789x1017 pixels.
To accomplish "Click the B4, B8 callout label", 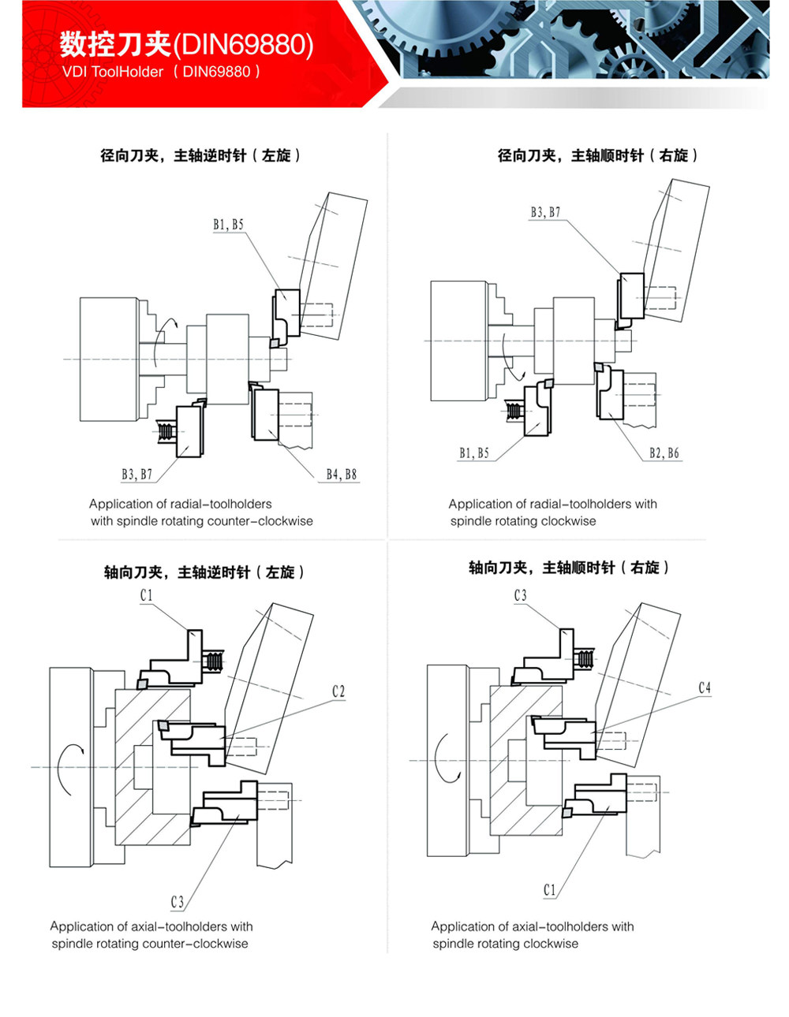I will pos(342,475).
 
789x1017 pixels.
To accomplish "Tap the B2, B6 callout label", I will pos(664,453).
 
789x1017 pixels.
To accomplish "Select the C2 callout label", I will pos(338,691).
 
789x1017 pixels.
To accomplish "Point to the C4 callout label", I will pos(705,688).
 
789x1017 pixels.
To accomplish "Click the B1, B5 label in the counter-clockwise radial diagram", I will pos(228,225).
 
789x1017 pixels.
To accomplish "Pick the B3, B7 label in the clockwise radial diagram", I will pos(545,212).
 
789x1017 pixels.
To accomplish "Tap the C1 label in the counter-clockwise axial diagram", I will pos(146,595).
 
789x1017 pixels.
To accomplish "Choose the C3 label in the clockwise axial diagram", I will pos(520,595).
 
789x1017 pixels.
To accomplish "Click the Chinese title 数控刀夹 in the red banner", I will pos(115,45).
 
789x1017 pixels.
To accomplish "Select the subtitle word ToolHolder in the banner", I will pos(127,72).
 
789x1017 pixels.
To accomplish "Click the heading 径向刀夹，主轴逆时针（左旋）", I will pos(200,155).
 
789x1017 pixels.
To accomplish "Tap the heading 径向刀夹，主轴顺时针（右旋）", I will pos(597,155).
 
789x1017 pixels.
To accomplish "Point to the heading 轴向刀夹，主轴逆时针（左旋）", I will pos(204,572).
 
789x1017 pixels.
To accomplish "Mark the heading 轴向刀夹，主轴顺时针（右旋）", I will pos(569,568).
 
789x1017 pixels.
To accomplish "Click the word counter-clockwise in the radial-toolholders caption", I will pos(260,521).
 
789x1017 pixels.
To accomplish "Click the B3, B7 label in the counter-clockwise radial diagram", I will pos(136,475).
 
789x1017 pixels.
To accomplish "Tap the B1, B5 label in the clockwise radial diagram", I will pos(474,453).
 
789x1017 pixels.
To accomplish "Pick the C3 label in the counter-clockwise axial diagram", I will pos(178,902).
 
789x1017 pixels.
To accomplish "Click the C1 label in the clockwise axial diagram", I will pos(550,890).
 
